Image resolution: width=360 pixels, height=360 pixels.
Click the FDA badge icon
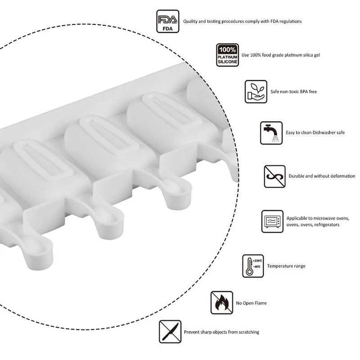pyautogui.click(x=168, y=21)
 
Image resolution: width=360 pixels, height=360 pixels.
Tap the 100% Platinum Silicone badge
pyautogui.click(x=227, y=55)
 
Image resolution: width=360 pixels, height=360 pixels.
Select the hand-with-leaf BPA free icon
pyautogui.click(x=256, y=91)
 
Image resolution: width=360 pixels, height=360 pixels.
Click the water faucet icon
pyautogui.click(x=271, y=133)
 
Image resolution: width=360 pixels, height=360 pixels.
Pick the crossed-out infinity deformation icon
pyautogui.click(x=274, y=176)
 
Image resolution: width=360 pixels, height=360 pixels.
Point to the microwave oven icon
pyautogui.click(x=272, y=221)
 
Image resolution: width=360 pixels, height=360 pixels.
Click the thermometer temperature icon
pyautogui.click(x=253, y=266)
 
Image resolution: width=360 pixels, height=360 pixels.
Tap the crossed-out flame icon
pyautogui.click(x=222, y=302)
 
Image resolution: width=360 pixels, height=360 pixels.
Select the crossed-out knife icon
pyautogui.click(x=170, y=332)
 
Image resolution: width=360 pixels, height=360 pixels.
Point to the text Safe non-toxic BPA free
pyautogui.click(x=294, y=92)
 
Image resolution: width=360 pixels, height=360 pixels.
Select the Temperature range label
pyautogui.click(x=286, y=266)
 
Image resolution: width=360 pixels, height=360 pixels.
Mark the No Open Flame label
pyautogui.click(x=252, y=303)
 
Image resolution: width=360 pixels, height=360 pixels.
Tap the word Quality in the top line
pyautogui.click(x=191, y=21)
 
